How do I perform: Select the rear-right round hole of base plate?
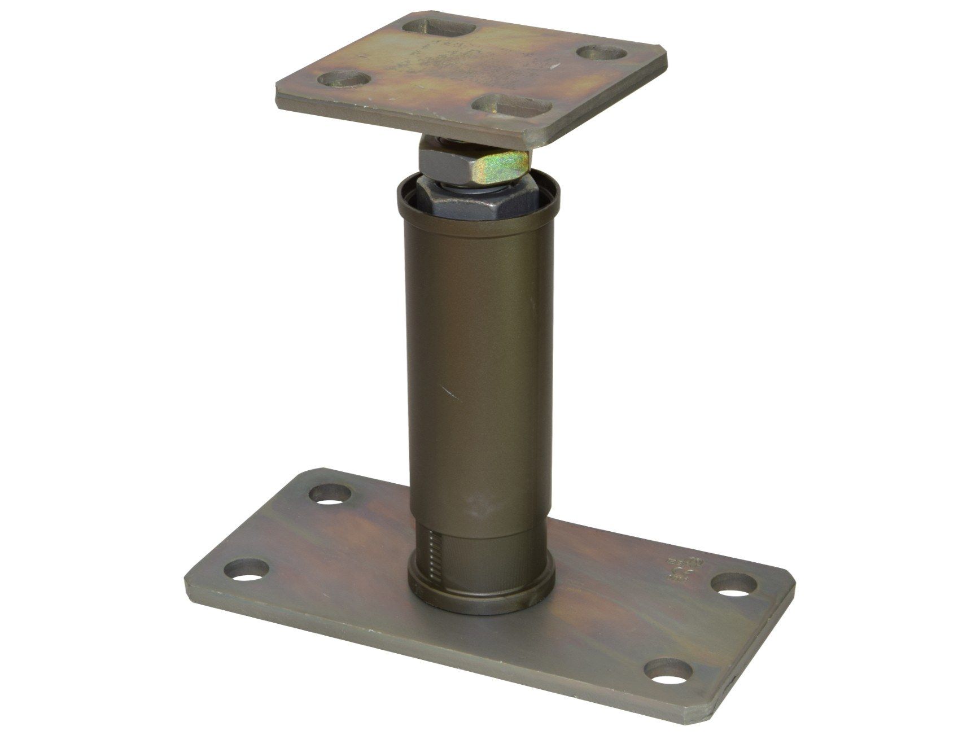point(736,582)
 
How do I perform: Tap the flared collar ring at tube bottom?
point(480,596)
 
